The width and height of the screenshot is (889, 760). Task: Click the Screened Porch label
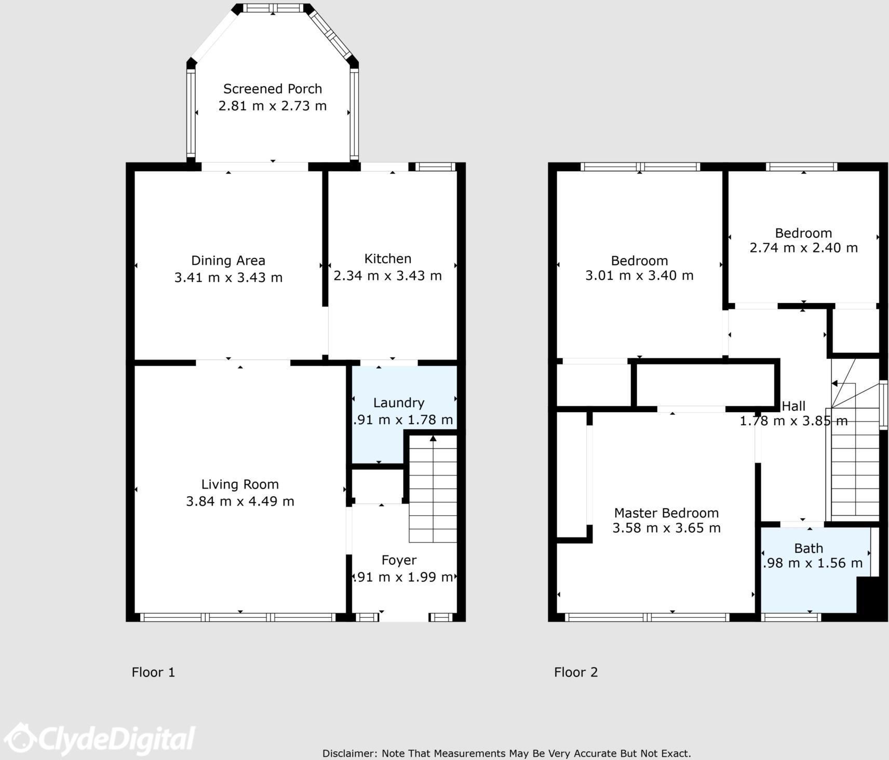tap(272, 89)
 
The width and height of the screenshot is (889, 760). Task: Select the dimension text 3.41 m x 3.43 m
tap(228, 278)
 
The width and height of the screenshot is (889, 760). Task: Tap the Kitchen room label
tap(387, 259)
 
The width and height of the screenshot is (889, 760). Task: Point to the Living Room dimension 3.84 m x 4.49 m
tap(240, 501)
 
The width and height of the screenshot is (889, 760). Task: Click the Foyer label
tap(399, 560)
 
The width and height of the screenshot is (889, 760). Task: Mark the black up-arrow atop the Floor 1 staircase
tap(433, 439)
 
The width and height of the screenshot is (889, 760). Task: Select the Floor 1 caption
tap(153, 672)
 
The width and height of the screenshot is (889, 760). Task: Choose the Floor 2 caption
tap(575, 672)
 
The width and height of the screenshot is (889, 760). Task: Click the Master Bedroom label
tap(666, 513)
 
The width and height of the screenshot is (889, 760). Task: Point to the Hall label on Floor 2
tap(793, 406)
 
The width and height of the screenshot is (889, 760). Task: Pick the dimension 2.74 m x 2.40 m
tap(803, 248)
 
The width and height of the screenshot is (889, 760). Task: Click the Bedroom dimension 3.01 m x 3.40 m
tap(639, 276)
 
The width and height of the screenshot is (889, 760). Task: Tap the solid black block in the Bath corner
tap(871, 597)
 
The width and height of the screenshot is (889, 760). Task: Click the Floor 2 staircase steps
tap(854, 467)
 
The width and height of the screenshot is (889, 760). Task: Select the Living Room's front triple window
tap(239, 617)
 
